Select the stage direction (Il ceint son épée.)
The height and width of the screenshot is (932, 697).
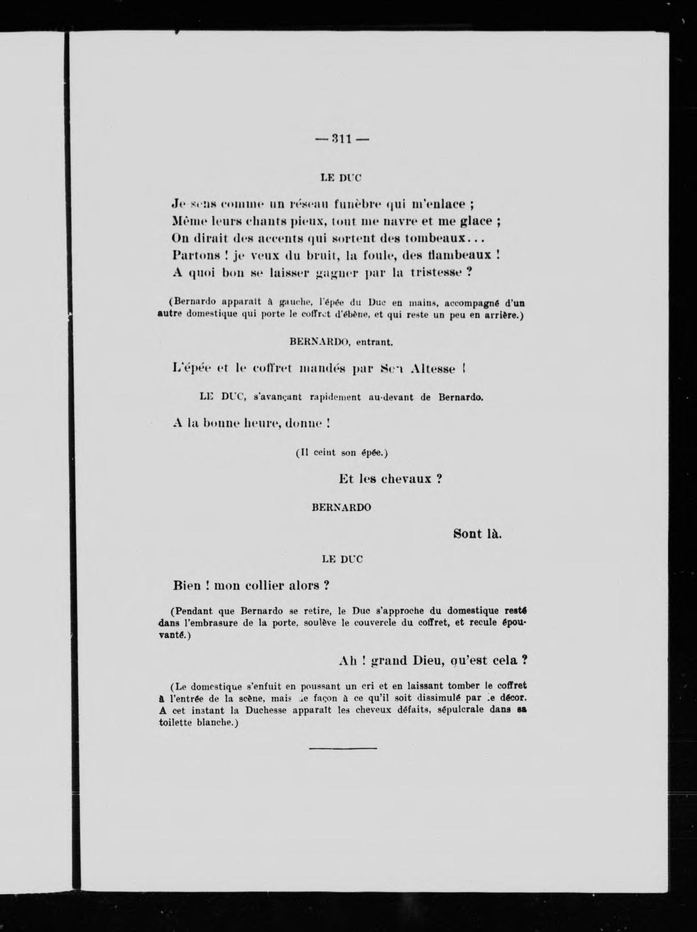[x=342, y=452]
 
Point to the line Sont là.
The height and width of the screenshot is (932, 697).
[x=477, y=534]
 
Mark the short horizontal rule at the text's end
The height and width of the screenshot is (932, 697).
[x=343, y=748]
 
